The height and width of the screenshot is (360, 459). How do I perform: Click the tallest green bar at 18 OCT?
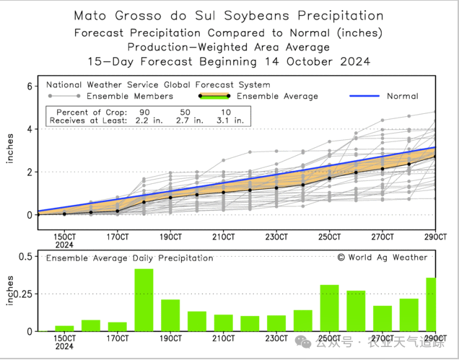point(144,299)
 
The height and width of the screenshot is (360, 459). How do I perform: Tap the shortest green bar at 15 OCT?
point(64,328)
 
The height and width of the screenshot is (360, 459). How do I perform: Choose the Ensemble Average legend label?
point(277,96)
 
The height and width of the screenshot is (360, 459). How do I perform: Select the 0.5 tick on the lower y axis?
point(24,256)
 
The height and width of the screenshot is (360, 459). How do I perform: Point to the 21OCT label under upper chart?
point(224,236)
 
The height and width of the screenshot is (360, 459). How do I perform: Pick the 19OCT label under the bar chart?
point(170,338)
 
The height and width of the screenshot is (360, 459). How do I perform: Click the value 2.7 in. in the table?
point(185,121)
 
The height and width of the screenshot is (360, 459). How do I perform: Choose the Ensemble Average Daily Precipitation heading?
point(130,258)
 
